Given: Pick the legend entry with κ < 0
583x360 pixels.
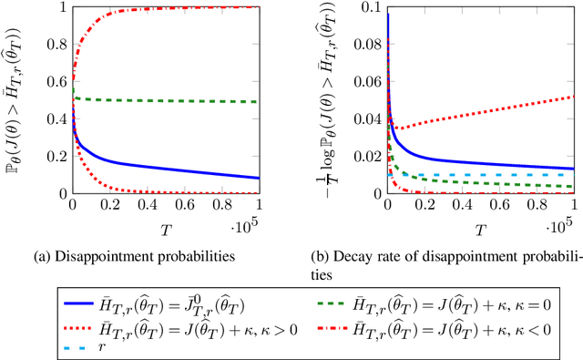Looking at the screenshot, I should [x=446, y=324].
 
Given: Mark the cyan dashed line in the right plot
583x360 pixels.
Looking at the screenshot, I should [x=510, y=174].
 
